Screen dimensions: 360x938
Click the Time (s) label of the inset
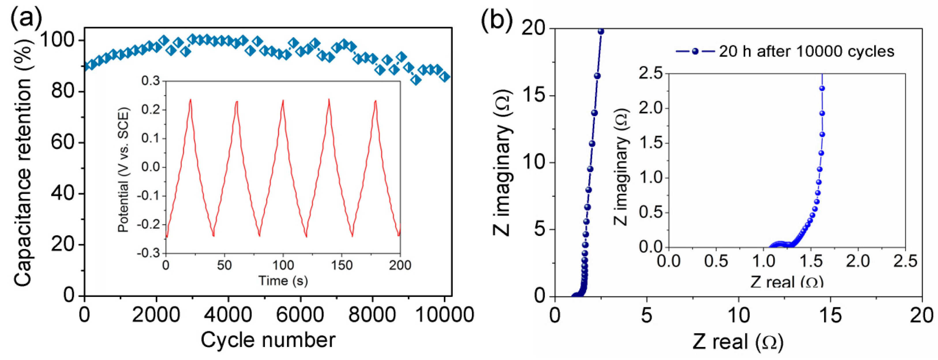[x=283, y=281]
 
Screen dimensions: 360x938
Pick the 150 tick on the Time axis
[x=342, y=265]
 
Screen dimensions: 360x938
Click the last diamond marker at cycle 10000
[x=445, y=77]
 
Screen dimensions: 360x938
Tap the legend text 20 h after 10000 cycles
[x=806, y=52]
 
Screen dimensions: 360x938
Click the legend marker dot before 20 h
[x=695, y=52]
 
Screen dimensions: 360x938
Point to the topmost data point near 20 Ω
[x=601, y=32]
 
